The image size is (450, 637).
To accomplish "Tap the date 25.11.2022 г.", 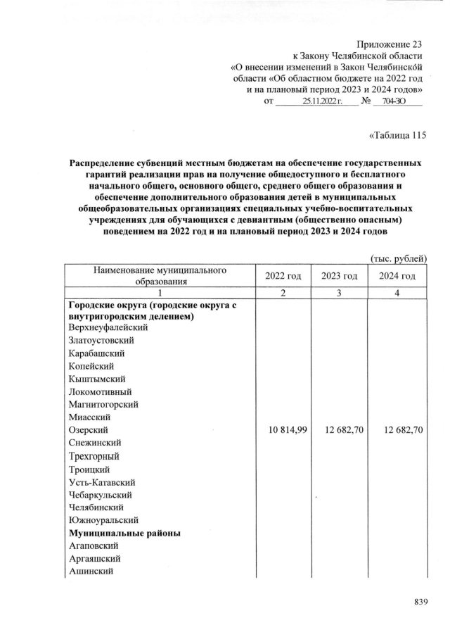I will click(x=321, y=102).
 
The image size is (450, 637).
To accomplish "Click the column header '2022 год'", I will click(x=283, y=276).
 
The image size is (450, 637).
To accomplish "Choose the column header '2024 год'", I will click(x=397, y=276).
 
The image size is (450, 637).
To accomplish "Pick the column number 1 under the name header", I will click(x=161, y=293).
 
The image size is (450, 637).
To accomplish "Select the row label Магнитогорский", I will click(x=103, y=405).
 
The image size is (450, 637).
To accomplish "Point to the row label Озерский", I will click(x=89, y=430).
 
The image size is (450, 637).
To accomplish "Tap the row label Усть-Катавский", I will click(x=102, y=482).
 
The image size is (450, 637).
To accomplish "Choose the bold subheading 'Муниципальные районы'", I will click(x=125, y=534).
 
